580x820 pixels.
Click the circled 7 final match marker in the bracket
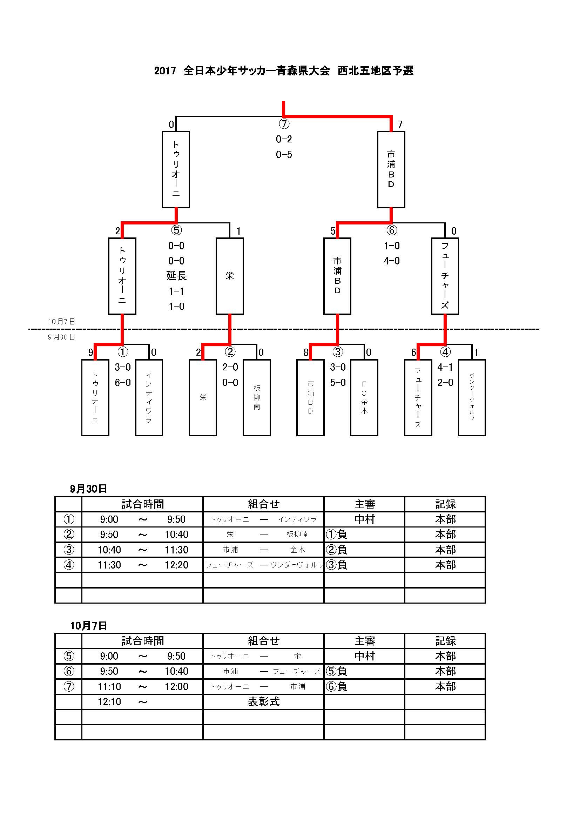coord(284,124)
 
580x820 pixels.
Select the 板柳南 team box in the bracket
coord(257,397)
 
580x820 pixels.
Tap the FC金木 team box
coord(364,397)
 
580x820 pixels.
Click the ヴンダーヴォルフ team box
coord(472,397)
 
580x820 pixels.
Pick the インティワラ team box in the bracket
coord(149,397)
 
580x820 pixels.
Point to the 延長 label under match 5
coord(176,276)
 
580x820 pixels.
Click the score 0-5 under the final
coord(284,155)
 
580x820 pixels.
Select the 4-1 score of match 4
coord(445,367)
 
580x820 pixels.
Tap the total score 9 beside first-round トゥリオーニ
coord(91,353)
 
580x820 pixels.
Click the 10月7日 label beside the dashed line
coord(62,321)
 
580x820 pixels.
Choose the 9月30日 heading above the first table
coord(89,489)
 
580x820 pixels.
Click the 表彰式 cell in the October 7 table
coord(264,701)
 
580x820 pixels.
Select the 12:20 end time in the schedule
coord(176,565)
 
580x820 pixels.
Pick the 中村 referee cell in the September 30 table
coord(365,519)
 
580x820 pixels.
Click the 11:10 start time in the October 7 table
coord(109,686)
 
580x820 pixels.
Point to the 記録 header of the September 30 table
coord(445,504)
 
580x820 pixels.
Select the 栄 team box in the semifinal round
coord(230,276)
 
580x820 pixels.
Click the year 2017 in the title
coord(165,71)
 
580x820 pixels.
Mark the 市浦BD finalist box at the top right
coord(391,170)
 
